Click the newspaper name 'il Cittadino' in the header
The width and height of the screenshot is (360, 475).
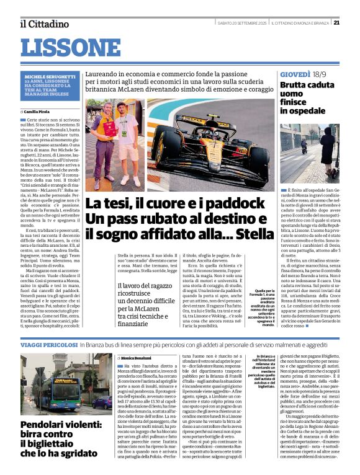click(44, 24)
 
